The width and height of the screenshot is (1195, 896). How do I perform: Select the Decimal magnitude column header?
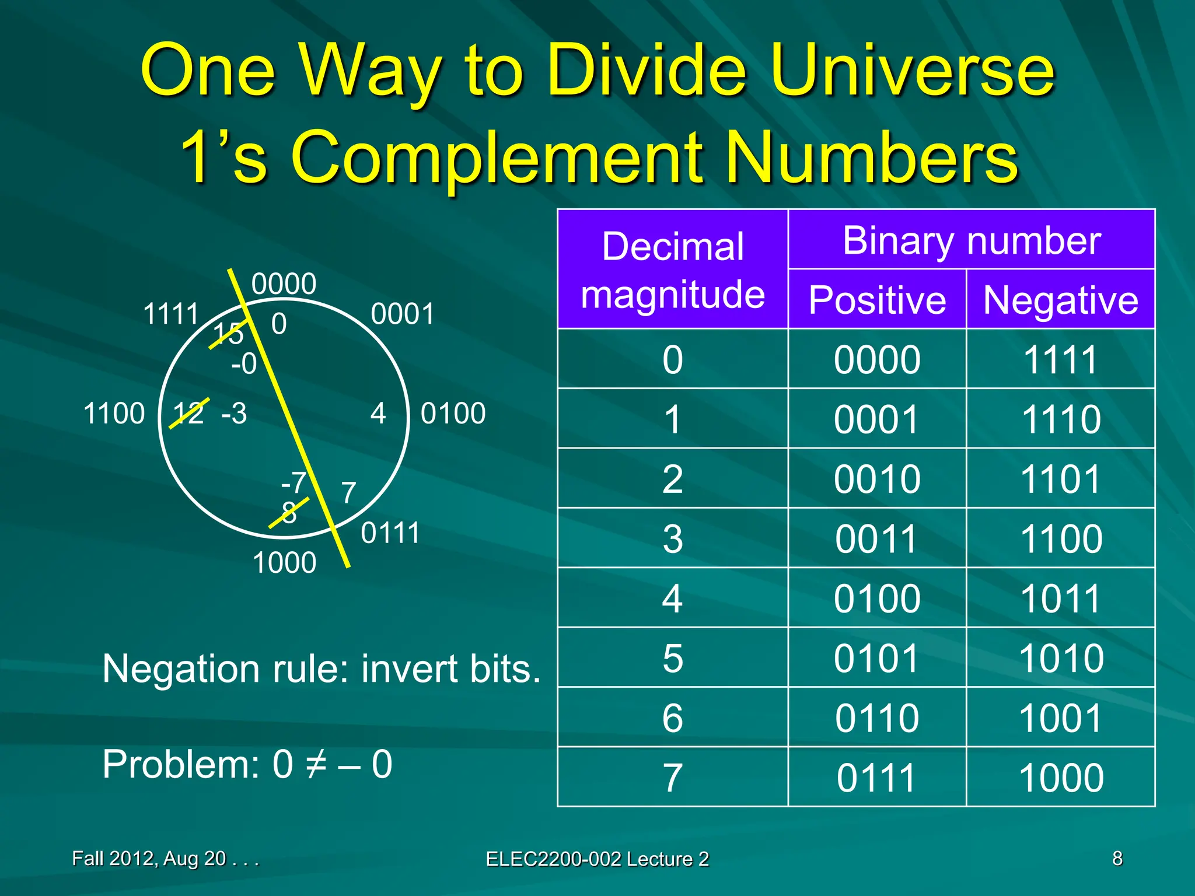(x=673, y=269)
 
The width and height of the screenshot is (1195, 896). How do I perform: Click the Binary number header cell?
(x=972, y=240)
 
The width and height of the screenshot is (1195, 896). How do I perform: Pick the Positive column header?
(x=877, y=300)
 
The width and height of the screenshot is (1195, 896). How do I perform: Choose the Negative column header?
(x=1060, y=300)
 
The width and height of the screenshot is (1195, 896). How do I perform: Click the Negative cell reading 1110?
(x=1061, y=419)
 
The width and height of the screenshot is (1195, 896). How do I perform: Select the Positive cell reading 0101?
(x=877, y=658)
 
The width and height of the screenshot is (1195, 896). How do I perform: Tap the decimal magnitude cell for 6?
(x=673, y=717)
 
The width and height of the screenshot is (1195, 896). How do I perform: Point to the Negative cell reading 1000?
(x=1061, y=778)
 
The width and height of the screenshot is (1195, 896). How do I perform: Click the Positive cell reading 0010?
(x=877, y=479)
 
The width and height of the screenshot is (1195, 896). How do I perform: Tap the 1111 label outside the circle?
(x=171, y=314)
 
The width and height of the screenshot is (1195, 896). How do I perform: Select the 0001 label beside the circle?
(x=403, y=314)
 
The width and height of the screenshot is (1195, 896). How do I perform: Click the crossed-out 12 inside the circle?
(x=188, y=414)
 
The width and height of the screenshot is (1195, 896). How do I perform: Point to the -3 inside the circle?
(x=234, y=414)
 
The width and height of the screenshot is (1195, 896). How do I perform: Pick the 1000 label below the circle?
(x=284, y=563)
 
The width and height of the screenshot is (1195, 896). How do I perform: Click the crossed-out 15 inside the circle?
(x=228, y=334)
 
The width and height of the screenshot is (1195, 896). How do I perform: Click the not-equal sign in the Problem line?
(x=316, y=764)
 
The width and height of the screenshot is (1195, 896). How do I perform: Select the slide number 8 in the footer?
(x=1117, y=859)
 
